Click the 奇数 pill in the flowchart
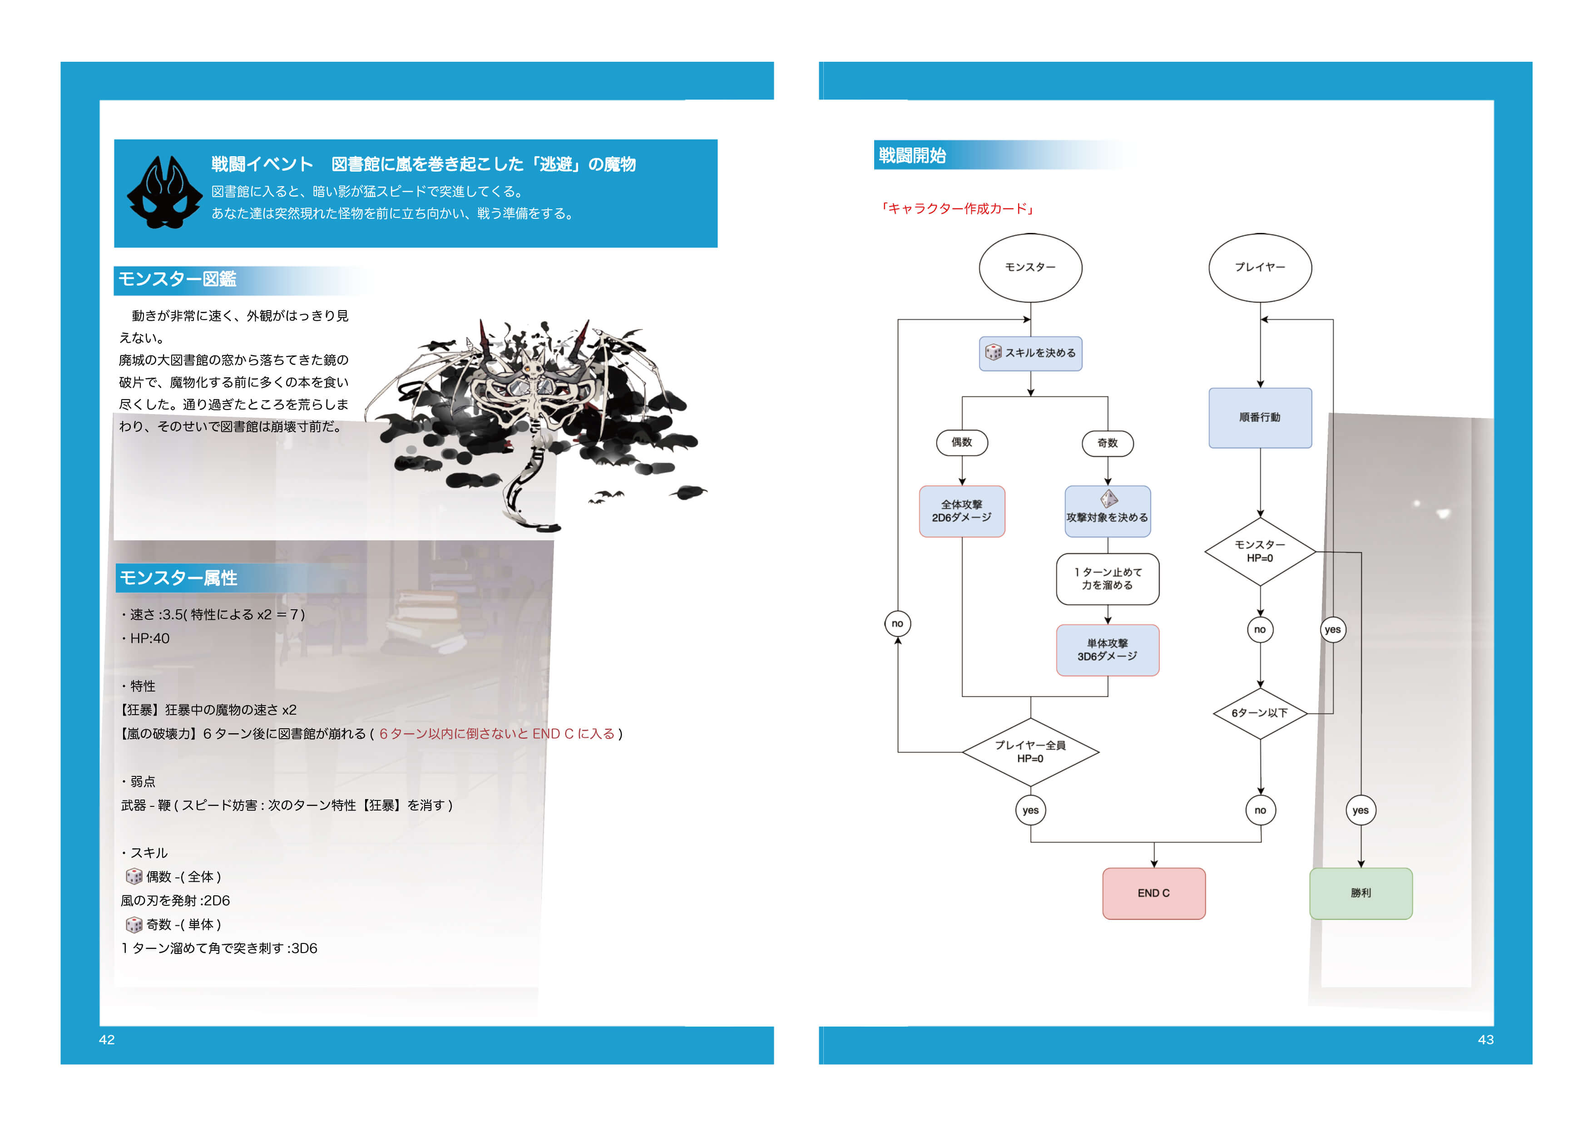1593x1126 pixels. point(1107,443)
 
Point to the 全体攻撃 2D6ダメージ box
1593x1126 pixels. point(962,511)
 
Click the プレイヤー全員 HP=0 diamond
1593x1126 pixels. point(1030,752)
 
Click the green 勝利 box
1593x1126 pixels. point(1360,894)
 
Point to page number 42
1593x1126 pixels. point(107,1039)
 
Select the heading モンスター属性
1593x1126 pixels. point(178,578)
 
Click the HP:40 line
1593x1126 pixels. point(149,638)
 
